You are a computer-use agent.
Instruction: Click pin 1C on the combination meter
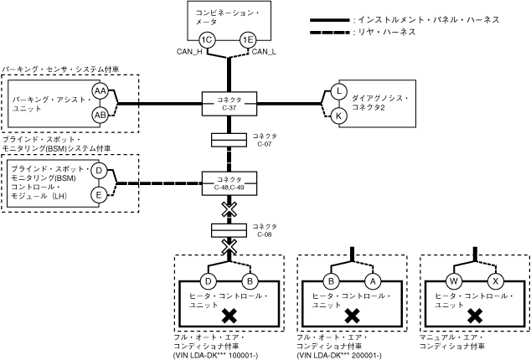[x=207, y=39]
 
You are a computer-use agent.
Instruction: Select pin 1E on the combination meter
[x=248, y=39]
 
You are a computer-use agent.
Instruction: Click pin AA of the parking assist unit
[x=100, y=90]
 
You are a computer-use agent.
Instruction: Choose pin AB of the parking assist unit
[x=100, y=113]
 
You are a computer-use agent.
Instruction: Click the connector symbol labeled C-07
[x=228, y=139]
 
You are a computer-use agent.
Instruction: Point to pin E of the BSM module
[x=98, y=195]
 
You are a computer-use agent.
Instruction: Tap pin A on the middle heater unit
[x=373, y=280]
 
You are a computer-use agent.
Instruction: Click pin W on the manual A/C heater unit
[x=454, y=280]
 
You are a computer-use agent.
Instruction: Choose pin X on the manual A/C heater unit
[x=494, y=280]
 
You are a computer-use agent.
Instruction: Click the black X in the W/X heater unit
[x=474, y=316]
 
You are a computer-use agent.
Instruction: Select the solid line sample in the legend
[x=330, y=18]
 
